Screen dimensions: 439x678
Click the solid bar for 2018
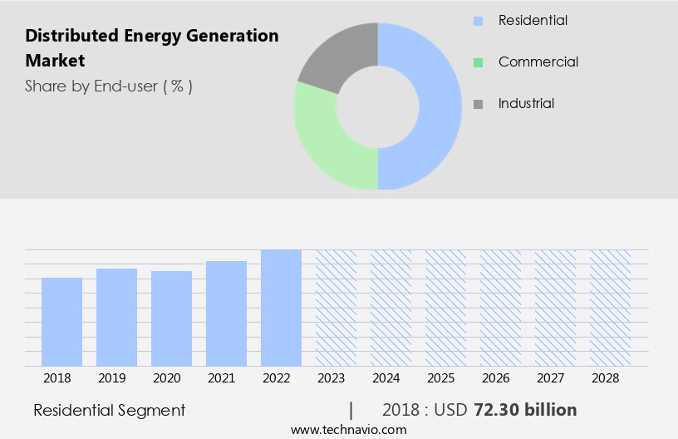(61, 322)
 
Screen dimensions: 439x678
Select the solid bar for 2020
(171, 318)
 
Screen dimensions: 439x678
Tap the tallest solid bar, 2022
(281, 308)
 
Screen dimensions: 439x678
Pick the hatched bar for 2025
(445, 308)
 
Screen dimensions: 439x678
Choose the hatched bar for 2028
(610, 308)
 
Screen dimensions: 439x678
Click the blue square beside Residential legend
(478, 20)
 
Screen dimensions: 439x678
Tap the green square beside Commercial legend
(478, 62)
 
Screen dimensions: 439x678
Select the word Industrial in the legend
(526, 104)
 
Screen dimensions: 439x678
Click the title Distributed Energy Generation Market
(151, 48)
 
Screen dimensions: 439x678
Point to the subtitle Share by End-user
(108, 86)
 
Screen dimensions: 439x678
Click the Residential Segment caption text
(109, 411)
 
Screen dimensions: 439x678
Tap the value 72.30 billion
(525, 411)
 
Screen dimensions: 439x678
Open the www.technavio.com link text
(348, 430)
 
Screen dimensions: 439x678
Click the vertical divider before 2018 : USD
(351, 411)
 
